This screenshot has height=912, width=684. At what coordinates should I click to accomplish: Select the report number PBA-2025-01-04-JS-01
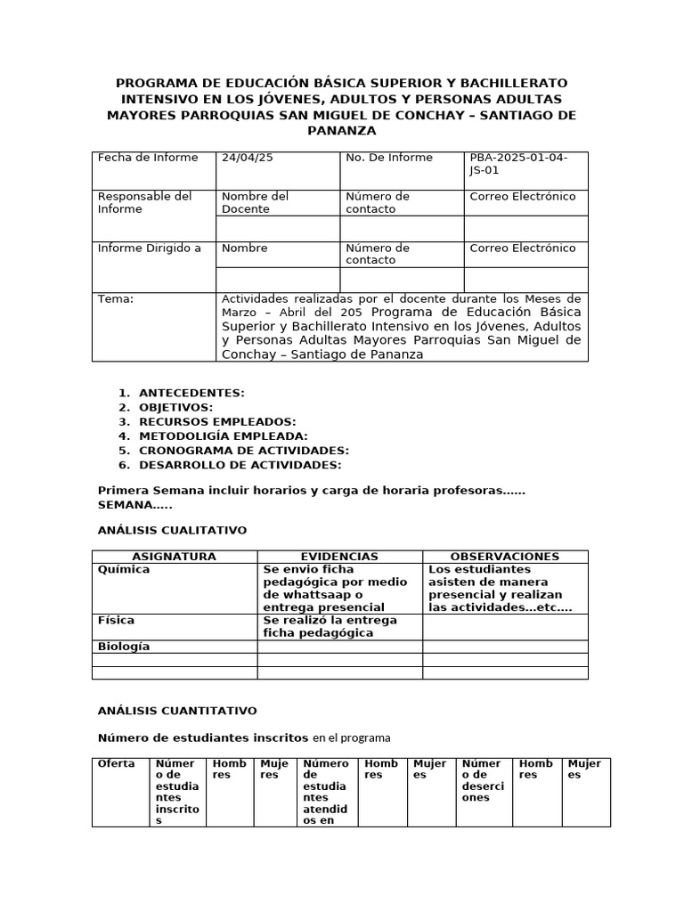click(517, 164)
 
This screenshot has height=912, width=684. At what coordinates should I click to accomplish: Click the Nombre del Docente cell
click(255, 202)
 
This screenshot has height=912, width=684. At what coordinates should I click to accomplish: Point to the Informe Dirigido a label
click(149, 248)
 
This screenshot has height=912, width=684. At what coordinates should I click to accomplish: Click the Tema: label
click(116, 299)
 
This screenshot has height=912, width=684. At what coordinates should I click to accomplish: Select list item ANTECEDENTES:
click(191, 393)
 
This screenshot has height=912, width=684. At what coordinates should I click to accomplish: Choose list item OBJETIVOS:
click(175, 407)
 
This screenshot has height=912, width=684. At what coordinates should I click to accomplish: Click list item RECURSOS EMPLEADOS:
click(217, 421)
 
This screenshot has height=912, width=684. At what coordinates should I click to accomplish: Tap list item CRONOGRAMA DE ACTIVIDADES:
click(244, 451)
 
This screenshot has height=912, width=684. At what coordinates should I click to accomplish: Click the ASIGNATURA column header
click(175, 557)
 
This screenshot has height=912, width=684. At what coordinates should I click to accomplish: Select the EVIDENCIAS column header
click(339, 557)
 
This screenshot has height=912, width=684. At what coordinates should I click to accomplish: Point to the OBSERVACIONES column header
click(505, 557)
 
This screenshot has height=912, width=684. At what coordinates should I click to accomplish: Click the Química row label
click(124, 569)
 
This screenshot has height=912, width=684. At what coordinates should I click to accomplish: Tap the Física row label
click(116, 620)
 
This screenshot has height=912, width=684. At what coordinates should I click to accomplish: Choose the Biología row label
click(124, 647)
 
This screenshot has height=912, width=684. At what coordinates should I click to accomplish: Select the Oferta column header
click(117, 763)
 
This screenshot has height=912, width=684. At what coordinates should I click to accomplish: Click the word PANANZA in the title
click(341, 131)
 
